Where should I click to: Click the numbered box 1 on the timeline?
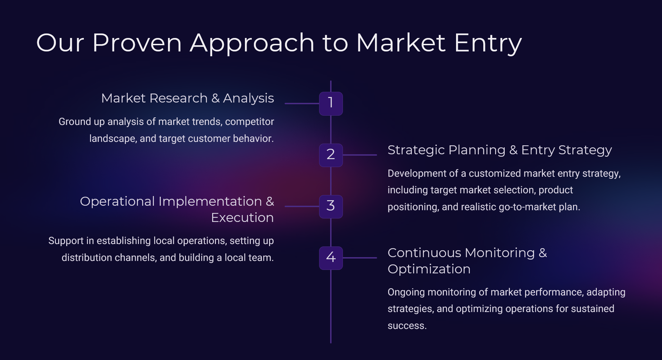click(330, 103)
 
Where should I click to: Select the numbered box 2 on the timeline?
click(330, 155)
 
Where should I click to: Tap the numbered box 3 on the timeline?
click(330, 206)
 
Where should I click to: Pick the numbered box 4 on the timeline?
click(330, 258)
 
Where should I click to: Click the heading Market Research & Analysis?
click(187, 98)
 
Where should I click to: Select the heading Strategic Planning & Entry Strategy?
click(500, 150)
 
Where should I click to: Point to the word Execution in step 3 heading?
click(242, 218)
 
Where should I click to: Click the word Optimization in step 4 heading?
click(429, 269)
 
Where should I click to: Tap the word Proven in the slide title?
click(137, 43)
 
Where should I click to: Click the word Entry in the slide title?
click(487, 44)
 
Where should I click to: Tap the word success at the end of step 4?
click(407, 326)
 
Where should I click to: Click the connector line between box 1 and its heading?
click(302, 103)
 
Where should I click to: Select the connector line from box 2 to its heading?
click(360, 155)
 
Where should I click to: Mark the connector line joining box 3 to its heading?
click(302, 206)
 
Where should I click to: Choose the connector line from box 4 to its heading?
click(360, 258)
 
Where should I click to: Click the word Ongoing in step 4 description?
click(406, 292)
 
